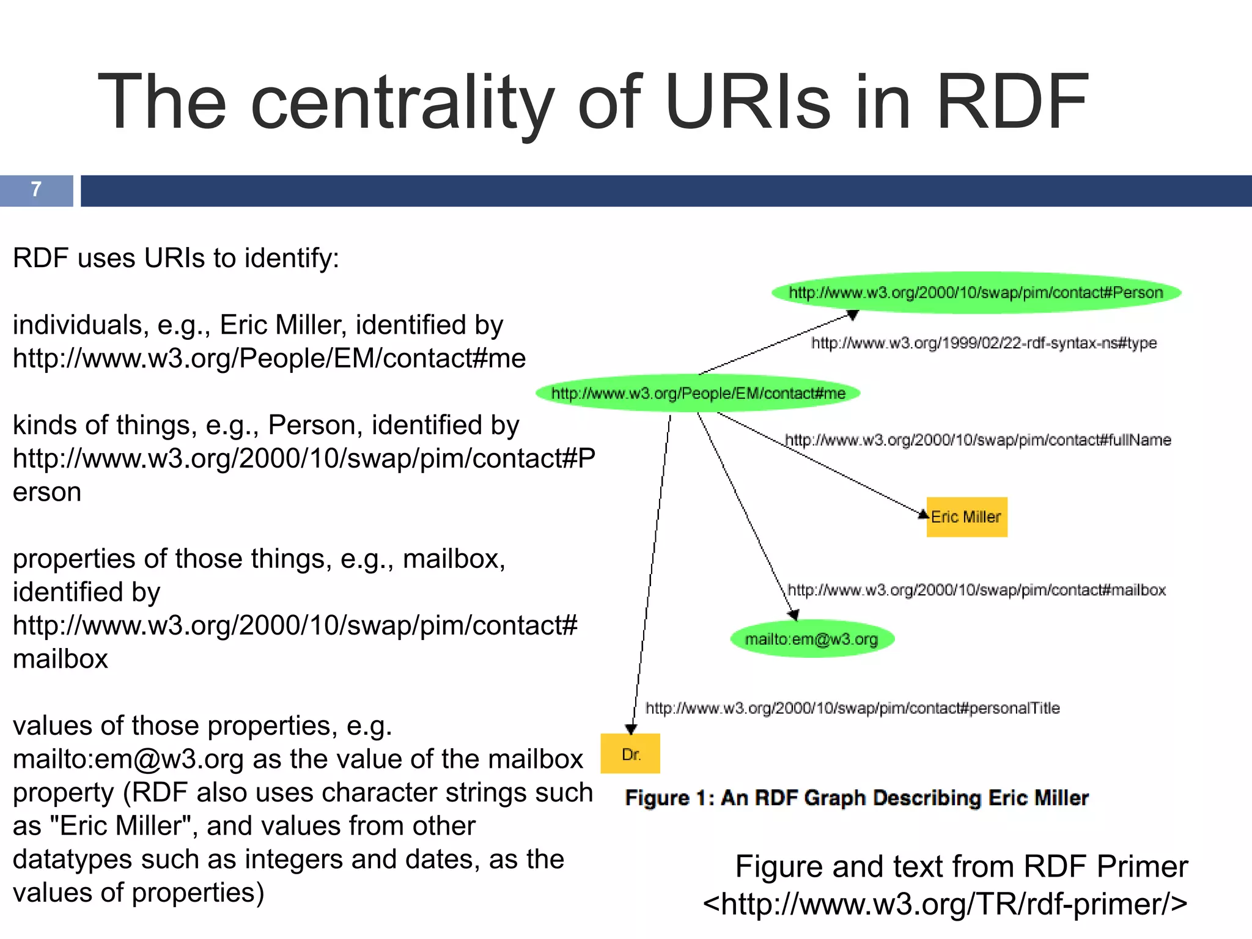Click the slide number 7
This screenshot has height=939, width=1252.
[36, 190]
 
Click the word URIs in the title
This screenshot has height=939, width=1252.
[749, 102]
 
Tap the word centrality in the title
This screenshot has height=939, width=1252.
[402, 102]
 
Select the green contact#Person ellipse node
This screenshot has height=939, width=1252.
[976, 292]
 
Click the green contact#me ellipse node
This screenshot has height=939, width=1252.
[698, 393]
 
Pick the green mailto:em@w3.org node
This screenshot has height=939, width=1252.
[811, 639]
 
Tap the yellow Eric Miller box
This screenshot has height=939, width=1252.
[967, 517]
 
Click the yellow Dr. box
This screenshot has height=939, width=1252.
[630, 754]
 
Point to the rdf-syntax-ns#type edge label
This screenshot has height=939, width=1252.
[984, 343]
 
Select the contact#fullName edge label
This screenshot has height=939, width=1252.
[978, 440]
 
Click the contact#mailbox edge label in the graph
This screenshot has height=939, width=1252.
[976, 590]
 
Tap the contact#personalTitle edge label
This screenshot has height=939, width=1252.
[852, 708]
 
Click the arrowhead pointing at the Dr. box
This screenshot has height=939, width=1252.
[632, 729]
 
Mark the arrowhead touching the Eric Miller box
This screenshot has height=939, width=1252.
[923, 514]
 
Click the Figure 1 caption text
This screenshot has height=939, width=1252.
[856, 798]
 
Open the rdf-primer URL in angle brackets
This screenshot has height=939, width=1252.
[945, 904]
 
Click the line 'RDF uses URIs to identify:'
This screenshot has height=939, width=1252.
[176, 258]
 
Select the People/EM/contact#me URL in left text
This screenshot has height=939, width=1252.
[269, 358]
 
